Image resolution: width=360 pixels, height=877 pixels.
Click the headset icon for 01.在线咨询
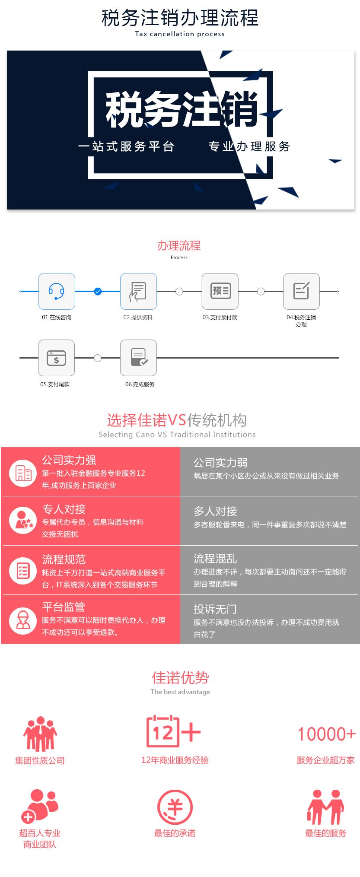coord(57,291)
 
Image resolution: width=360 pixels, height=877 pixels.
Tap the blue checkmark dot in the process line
coord(98,292)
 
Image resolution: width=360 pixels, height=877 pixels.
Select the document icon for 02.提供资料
coord(138,291)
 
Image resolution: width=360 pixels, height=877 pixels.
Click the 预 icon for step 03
coord(220,291)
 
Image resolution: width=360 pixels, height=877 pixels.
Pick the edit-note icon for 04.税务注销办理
coord(301,291)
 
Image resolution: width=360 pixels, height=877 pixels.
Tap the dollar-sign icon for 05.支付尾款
coord(57,358)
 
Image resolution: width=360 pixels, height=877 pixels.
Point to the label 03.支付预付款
coord(220,318)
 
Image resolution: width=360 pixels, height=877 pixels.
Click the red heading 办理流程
coord(179,246)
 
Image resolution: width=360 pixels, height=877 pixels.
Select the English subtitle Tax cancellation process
coord(180,34)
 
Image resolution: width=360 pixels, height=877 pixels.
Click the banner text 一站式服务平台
coord(126,146)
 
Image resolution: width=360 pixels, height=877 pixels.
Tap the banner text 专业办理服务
coord(249,146)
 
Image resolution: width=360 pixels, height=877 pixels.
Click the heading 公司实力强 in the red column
coord(69,460)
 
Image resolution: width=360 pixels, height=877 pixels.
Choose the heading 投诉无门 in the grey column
coord(215,609)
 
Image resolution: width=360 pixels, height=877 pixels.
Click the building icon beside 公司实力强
coord(23,473)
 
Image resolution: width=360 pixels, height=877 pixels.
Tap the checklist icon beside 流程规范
coord(23,571)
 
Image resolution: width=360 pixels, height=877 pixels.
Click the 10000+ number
coord(327,734)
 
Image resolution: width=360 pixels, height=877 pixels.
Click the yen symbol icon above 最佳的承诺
coord(175,807)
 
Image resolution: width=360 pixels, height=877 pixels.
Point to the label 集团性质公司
coord(40,760)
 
